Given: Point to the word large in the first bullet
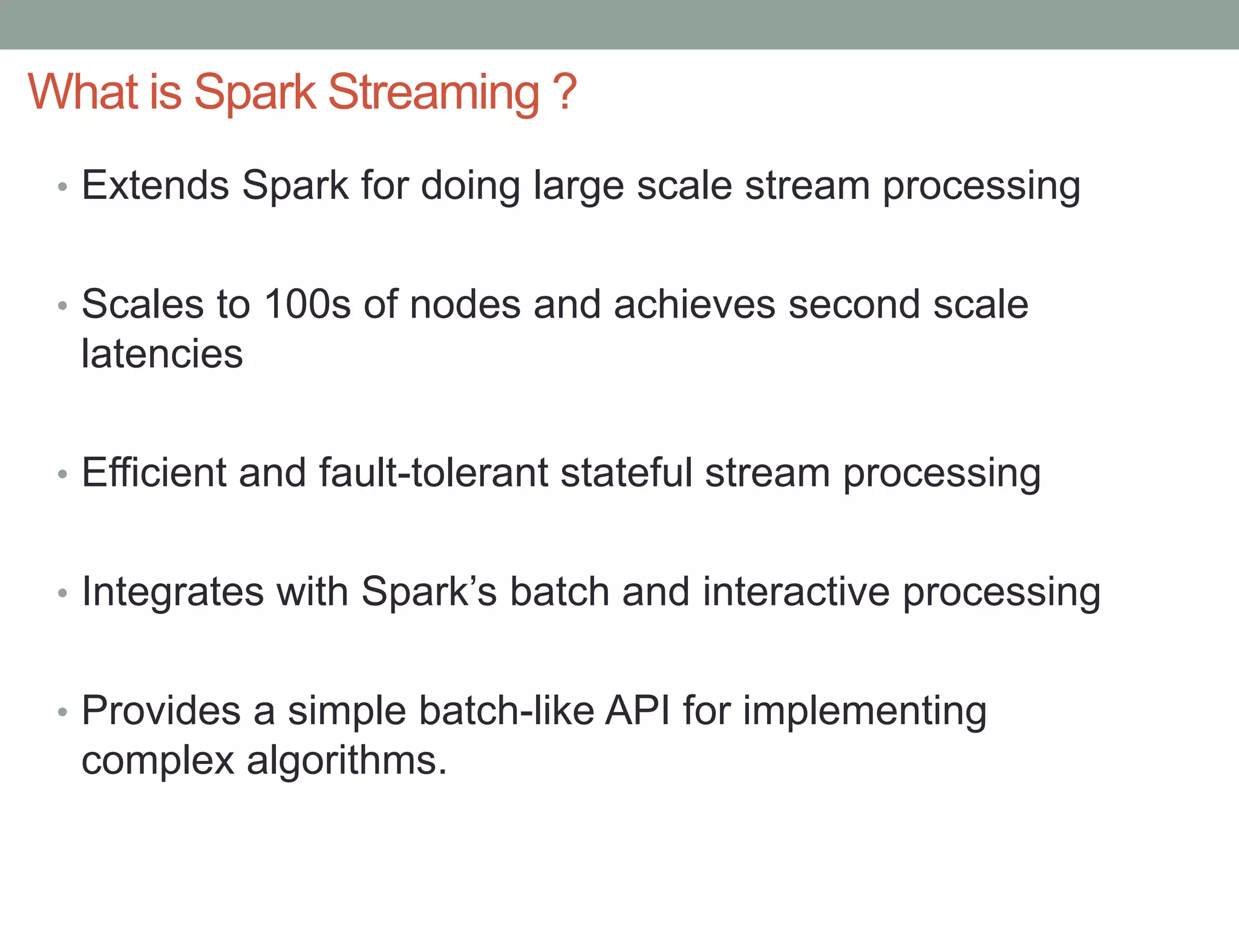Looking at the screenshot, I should [578, 186].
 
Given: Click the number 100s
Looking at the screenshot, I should [307, 304].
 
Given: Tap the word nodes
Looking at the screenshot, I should [465, 304].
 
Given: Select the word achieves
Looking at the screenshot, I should [694, 304].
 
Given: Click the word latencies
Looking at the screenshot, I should [162, 354].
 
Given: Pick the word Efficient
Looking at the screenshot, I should [154, 472].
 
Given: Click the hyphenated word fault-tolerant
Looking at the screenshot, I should [433, 472].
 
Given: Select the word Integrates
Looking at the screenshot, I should [173, 592].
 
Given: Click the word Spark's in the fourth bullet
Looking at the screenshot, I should [428, 592].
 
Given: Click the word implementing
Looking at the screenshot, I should [865, 711].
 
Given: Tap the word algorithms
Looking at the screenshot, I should [346, 761].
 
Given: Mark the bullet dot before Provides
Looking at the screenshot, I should [62, 712].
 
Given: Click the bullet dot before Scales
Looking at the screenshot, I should [62, 306].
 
